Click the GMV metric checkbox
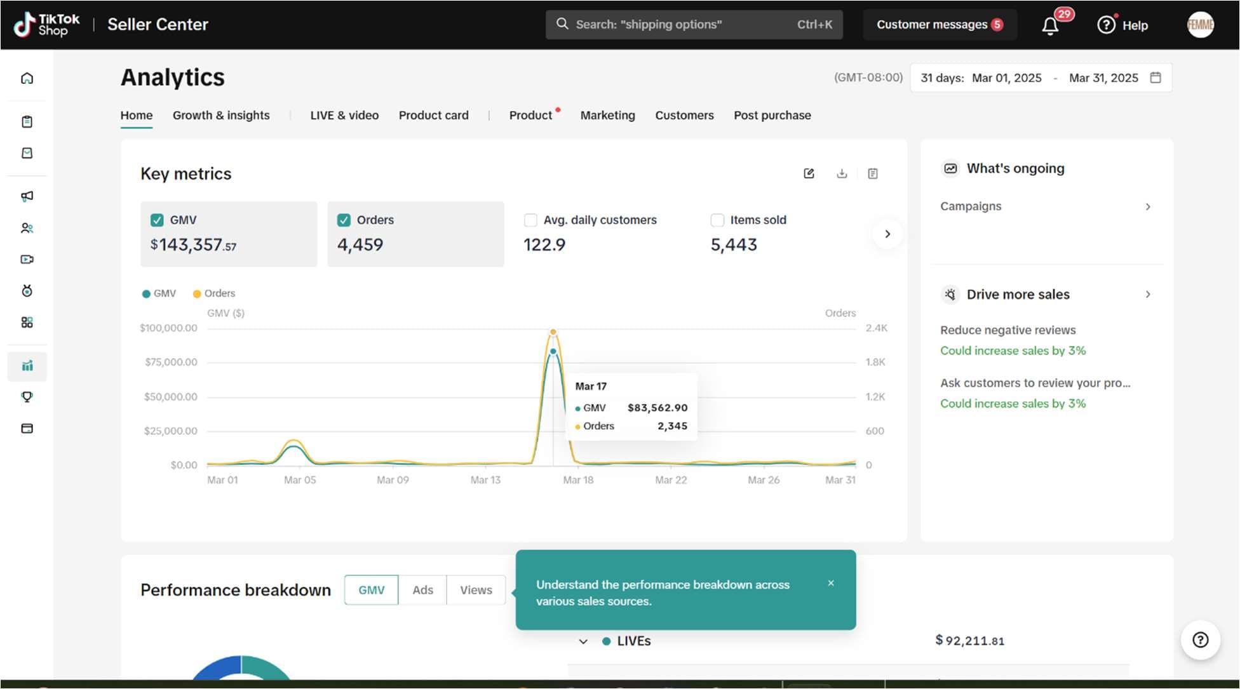(x=157, y=220)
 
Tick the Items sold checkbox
(x=717, y=220)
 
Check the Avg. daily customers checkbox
(x=530, y=220)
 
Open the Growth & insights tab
(x=221, y=116)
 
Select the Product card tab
(x=434, y=116)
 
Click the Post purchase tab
(x=772, y=116)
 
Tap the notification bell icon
(x=1050, y=26)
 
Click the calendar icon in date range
(x=1156, y=77)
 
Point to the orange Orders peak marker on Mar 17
(x=553, y=332)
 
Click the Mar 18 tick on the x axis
(x=578, y=480)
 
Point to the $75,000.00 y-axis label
(x=171, y=363)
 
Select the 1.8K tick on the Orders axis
(x=875, y=363)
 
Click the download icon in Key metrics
(x=842, y=173)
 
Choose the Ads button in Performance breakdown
(x=423, y=590)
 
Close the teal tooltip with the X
(x=831, y=583)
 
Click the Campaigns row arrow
(x=1148, y=206)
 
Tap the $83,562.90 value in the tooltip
(x=657, y=408)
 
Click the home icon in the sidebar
(x=27, y=78)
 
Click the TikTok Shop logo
(x=47, y=25)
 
